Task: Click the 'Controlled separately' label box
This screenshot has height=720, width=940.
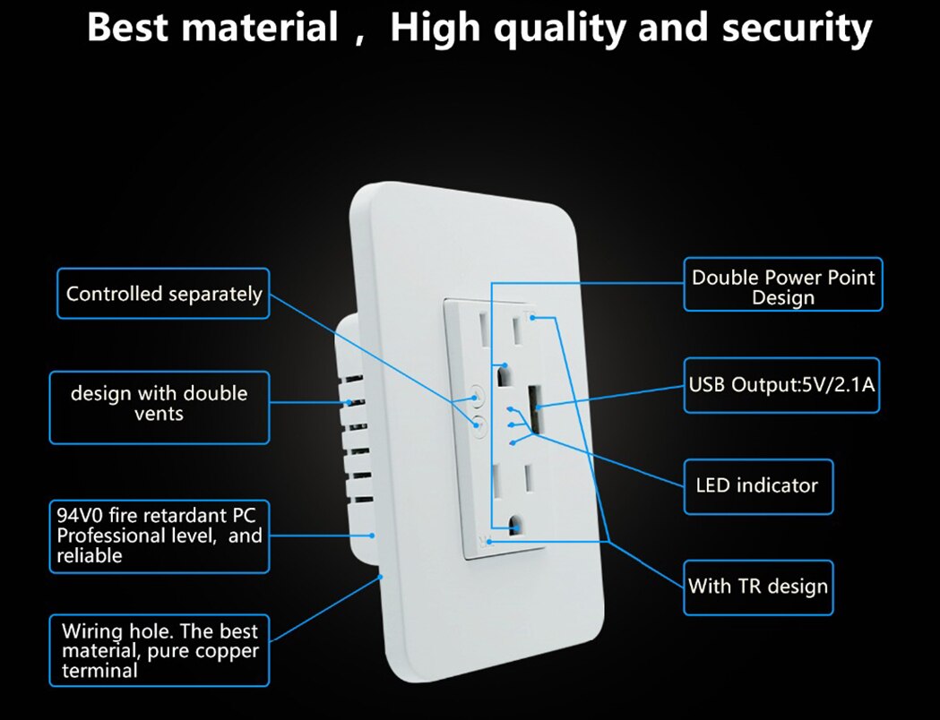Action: [x=163, y=294]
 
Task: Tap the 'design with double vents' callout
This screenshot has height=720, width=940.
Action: [x=159, y=404]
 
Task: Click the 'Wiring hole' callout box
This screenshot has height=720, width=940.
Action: [x=160, y=648]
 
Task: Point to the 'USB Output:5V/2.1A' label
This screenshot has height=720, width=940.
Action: [x=781, y=386]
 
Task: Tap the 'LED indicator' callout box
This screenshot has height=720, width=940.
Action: [x=757, y=486]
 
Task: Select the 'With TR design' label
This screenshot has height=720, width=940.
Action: [x=757, y=587]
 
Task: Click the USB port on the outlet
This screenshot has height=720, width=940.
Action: [x=534, y=407]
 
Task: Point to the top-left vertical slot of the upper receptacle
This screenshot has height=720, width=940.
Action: [x=484, y=333]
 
